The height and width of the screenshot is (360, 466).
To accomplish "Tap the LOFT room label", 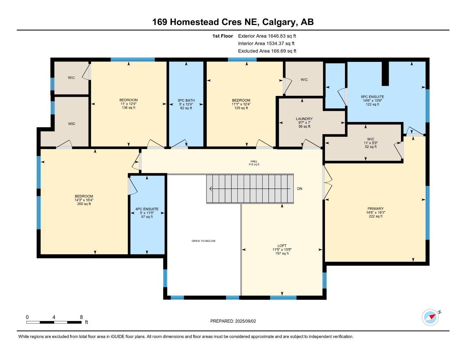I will tap(282, 246).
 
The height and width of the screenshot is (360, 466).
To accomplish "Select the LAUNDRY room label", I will tap(304, 119).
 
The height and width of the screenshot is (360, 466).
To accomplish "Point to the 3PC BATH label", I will tap(186, 100).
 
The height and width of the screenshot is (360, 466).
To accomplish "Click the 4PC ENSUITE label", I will tap(147, 209).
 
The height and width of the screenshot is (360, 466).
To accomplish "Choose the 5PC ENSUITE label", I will tap(372, 97).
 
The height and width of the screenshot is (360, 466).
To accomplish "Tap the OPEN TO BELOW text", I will tap(203, 241).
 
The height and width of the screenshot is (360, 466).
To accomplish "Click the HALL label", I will tap(254, 161).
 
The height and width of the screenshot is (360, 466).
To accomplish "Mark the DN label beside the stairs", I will tap(300, 189).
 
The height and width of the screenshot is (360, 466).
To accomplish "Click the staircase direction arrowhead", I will tap(211, 189).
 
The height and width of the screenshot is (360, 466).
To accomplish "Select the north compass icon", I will tap(430, 317).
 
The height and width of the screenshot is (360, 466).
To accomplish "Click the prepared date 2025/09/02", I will tap(246, 321).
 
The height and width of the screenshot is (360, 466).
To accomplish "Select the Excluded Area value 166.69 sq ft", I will tap(283, 51).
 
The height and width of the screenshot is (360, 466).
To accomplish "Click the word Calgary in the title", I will tap(278, 22).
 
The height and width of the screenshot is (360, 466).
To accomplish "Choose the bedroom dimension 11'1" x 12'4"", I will tap(241, 104).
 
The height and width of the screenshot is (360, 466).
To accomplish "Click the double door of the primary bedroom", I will tap(327, 182).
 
